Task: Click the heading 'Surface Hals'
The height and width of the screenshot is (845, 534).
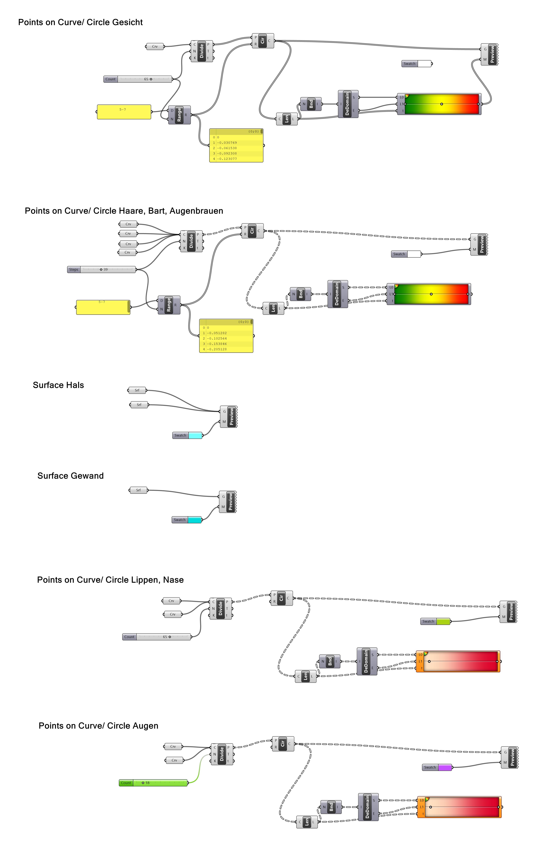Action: [58, 385]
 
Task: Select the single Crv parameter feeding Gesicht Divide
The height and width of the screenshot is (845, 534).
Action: [155, 46]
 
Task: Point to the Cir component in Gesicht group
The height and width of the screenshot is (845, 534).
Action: [262, 41]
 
